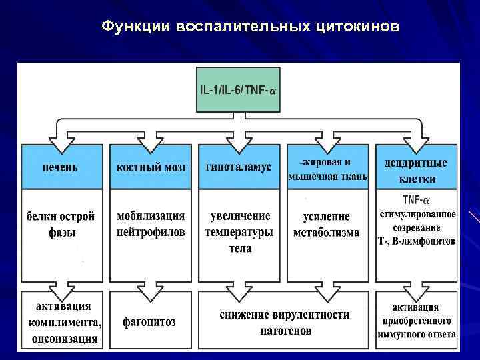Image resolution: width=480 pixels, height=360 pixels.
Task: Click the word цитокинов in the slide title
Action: pos(360,27)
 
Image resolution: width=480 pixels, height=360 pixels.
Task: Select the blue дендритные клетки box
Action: pos(416,170)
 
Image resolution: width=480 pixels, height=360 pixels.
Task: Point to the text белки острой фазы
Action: pos(61,224)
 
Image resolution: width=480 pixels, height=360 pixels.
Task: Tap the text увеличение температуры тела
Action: pos(239,231)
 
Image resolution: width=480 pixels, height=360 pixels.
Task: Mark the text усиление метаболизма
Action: pos(327,224)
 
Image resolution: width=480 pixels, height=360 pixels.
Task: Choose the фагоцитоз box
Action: pos(150,322)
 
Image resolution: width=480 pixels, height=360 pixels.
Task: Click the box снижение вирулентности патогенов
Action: pos(283,322)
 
